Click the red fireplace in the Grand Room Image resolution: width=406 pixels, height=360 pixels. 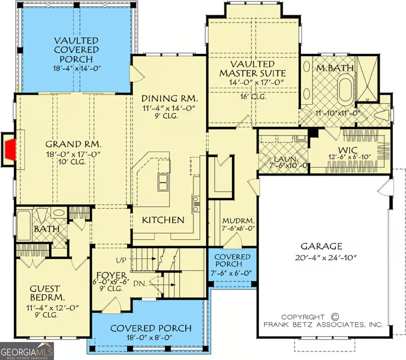[x=11, y=149]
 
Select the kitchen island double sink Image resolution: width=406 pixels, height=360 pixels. [x=163, y=182]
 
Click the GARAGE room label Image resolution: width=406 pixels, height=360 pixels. [x=321, y=246]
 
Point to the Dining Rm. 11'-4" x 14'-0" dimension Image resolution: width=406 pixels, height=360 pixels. [x=169, y=108]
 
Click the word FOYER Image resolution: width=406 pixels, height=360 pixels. [x=112, y=275]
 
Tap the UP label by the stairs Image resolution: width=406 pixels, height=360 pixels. [x=121, y=260]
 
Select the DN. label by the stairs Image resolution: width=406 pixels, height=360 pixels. [x=140, y=284]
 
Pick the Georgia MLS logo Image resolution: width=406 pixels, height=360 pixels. [x=27, y=351]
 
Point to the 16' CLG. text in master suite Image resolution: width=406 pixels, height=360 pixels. [x=253, y=97]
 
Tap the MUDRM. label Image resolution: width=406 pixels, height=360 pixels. [x=239, y=221]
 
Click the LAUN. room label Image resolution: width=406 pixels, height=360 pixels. [x=286, y=159]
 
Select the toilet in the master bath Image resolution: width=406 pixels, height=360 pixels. [x=381, y=115]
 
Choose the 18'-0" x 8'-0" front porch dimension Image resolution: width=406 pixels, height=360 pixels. [x=149, y=338]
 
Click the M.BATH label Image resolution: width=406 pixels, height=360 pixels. [x=335, y=68]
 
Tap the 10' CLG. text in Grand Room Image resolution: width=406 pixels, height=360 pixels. [x=72, y=162]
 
